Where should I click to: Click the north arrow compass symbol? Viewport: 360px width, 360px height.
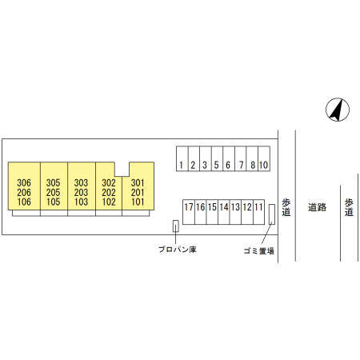[338, 110]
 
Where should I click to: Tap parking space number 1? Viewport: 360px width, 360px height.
[182, 158]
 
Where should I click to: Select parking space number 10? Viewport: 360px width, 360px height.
[264, 158]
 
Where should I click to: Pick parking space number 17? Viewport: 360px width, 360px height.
[189, 212]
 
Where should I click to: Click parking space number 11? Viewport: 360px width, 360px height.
[258, 212]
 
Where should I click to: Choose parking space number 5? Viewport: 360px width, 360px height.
[218, 158]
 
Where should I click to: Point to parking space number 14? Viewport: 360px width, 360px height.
[224, 212]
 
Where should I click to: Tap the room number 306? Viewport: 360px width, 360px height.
[24, 183]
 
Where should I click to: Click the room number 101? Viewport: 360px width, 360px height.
[138, 202]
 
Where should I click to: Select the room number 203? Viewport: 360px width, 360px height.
[81, 192]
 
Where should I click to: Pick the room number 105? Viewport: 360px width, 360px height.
[54, 202]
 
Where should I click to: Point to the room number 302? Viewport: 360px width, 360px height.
[109, 183]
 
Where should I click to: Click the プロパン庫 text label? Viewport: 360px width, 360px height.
[178, 250]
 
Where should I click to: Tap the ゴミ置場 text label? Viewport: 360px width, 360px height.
[259, 250]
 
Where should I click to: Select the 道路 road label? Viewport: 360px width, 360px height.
[317, 207]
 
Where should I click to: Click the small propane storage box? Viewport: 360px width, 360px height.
[176, 226]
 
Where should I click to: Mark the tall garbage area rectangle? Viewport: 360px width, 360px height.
[272, 214]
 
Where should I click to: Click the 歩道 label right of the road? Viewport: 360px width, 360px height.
[349, 207]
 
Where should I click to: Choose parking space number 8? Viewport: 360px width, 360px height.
[252, 158]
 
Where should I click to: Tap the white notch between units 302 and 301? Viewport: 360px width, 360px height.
[122, 169]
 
